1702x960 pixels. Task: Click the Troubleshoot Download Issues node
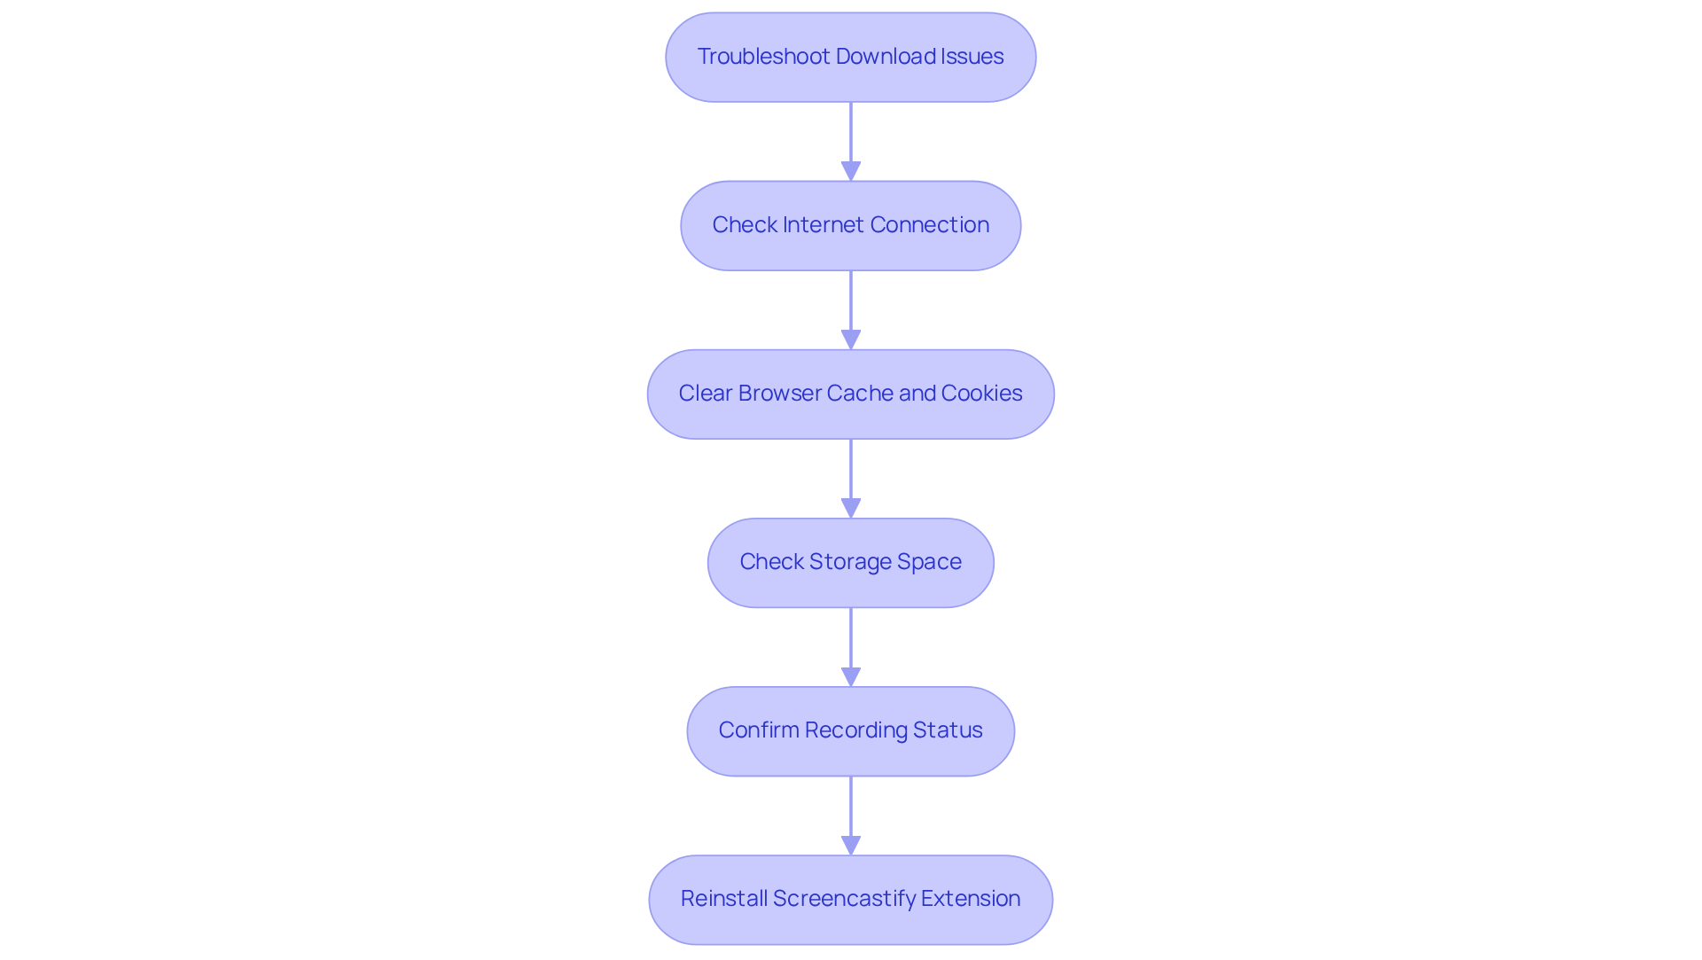click(x=851, y=58)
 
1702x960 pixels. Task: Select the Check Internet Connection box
click(x=851, y=226)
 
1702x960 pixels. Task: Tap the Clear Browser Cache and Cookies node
click(x=851, y=394)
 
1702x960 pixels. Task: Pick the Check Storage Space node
click(x=851, y=563)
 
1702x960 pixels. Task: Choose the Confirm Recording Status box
click(x=851, y=731)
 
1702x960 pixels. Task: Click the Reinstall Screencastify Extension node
click(x=851, y=900)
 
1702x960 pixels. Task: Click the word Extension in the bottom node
click(x=971, y=899)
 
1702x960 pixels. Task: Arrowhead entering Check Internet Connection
click(x=851, y=171)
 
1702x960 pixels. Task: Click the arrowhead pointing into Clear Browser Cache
click(x=851, y=340)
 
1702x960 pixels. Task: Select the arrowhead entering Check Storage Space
click(x=851, y=508)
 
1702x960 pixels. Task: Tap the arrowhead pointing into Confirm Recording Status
click(x=851, y=676)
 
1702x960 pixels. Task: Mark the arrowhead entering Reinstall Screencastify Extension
click(x=851, y=845)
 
